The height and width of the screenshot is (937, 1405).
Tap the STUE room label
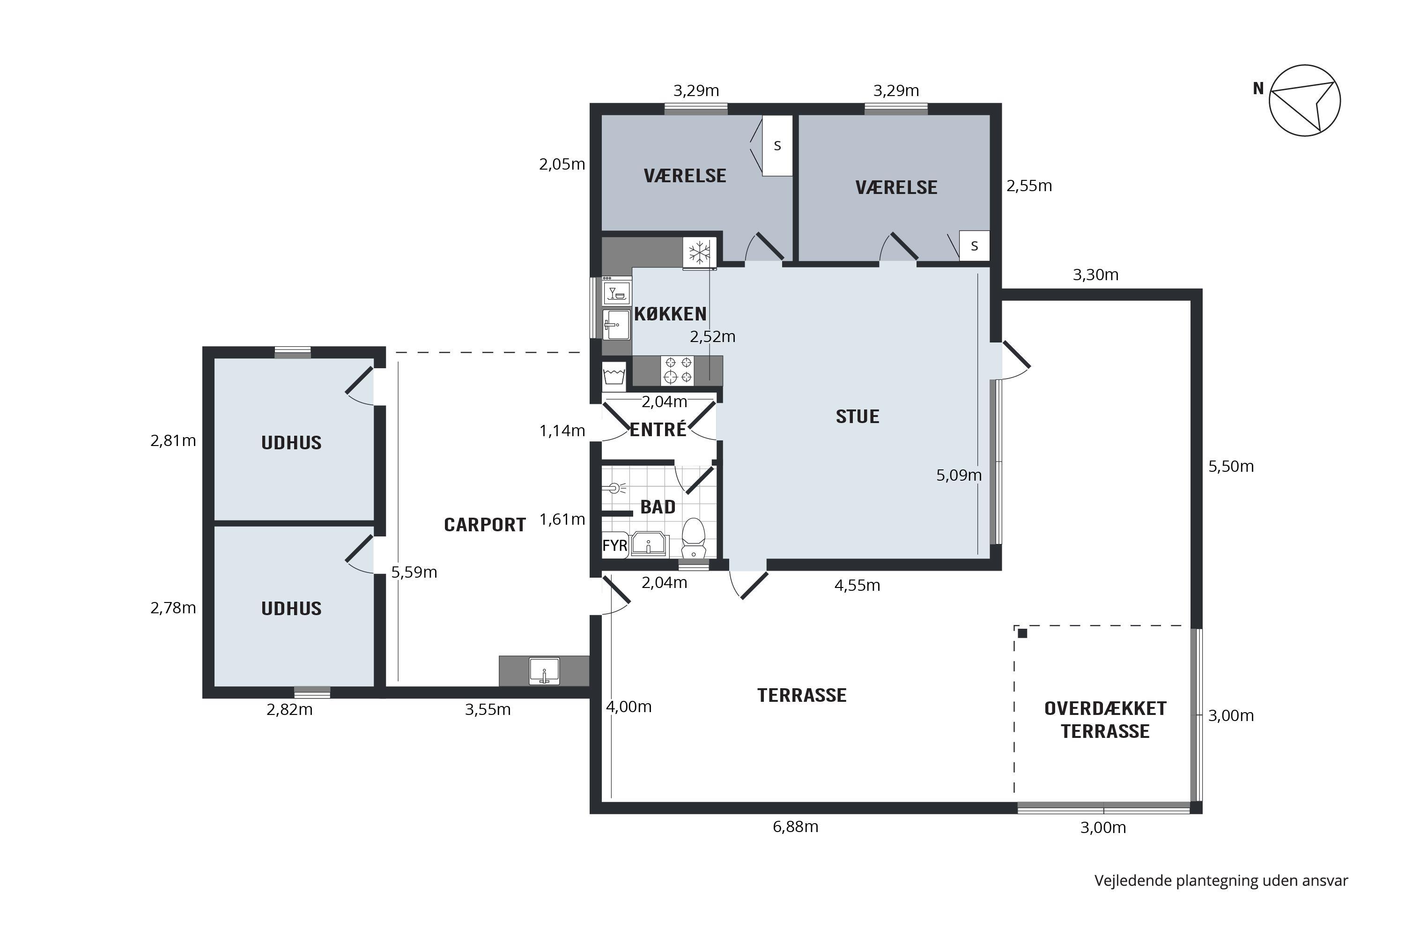857,416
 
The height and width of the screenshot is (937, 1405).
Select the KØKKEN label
670,314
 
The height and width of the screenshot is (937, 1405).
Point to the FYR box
614,545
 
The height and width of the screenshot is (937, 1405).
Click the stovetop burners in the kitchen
678,371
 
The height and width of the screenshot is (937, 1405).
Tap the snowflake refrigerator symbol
700,253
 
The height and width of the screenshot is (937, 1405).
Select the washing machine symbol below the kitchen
614,376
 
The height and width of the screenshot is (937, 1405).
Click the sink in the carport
544,670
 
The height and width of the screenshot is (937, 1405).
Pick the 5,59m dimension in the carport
414,573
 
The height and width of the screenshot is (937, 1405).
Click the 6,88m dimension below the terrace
795,827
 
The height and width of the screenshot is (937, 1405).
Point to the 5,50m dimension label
1231,467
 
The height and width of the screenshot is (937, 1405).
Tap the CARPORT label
484,525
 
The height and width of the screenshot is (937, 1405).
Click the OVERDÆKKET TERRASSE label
1105,720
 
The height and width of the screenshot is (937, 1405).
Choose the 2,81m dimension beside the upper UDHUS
173,441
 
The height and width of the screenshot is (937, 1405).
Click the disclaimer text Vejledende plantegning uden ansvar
1221,881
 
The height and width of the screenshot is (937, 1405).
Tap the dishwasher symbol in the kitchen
616,293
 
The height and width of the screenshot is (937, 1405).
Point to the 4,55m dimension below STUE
857,586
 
